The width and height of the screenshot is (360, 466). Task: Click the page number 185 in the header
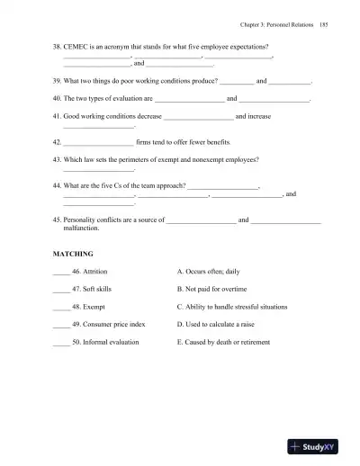click(322, 26)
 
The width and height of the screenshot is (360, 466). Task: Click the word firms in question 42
click(150, 142)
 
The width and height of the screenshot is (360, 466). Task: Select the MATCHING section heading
click(73, 255)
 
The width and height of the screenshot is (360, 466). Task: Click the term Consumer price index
click(113, 323)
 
